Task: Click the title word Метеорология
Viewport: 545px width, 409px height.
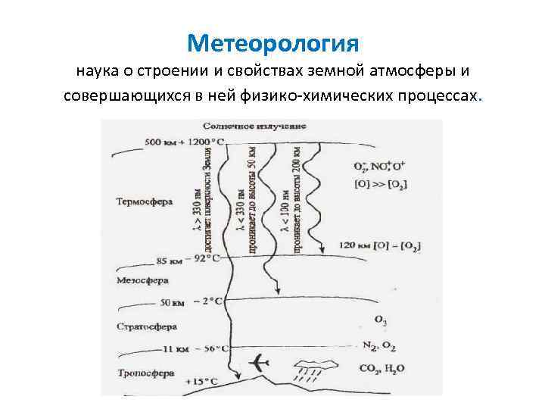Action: tap(272, 42)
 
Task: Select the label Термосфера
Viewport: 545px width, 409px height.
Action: tap(145, 202)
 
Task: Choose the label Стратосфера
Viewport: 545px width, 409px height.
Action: tap(147, 326)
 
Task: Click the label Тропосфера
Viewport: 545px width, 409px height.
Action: tap(146, 373)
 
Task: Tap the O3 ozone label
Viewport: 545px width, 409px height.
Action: tap(381, 322)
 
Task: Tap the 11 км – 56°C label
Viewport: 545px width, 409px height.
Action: tap(195, 349)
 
